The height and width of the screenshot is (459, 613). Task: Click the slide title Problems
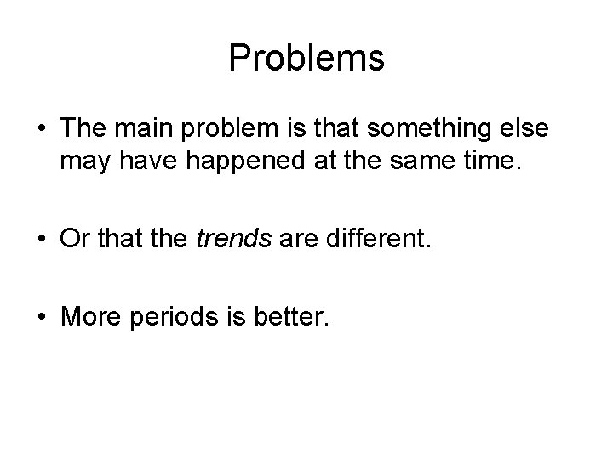[306, 59]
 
